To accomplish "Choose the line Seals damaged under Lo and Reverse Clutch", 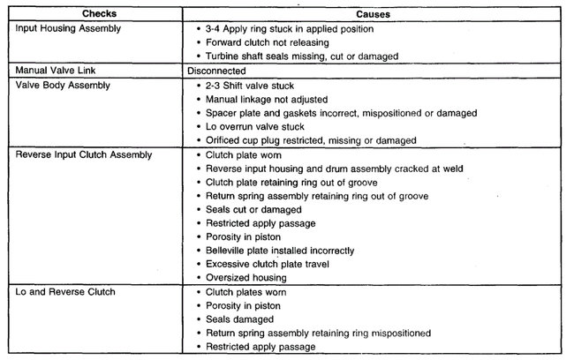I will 238,319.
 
